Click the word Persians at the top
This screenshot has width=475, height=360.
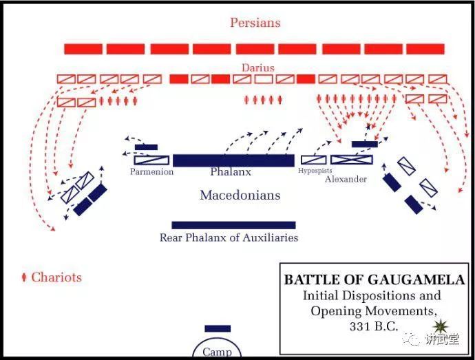(255, 23)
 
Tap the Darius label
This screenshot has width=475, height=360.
(258, 67)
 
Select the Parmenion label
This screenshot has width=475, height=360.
(151, 171)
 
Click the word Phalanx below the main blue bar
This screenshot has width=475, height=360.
(231, 172)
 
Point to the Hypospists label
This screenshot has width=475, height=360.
(315, 171)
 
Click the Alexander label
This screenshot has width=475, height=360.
(346, 179)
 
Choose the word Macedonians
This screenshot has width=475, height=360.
(240, 195)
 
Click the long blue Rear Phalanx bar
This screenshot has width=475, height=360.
(233, 225)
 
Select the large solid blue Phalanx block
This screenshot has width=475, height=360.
(233, 160)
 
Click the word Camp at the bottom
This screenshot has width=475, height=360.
(218, 352)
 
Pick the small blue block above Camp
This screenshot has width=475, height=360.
(218, 328)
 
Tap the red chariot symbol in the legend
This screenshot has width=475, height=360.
(24, 277)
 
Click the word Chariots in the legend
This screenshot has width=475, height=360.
(56, 277)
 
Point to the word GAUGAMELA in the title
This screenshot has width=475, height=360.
(416, 279)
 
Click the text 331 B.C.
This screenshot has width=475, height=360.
(374, 326)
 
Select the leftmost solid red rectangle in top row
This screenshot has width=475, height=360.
(83, 49)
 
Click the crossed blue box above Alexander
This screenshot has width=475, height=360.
(352, 160)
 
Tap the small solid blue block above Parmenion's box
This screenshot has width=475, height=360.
(147, 147)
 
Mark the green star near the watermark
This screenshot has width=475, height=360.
(440, 326)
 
